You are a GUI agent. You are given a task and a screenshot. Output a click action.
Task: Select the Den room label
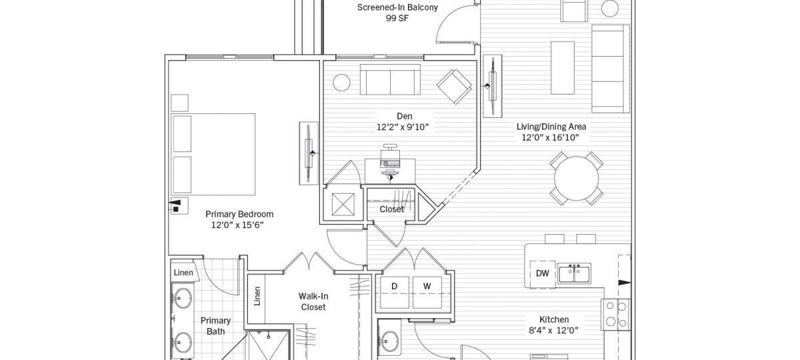pos(404,116)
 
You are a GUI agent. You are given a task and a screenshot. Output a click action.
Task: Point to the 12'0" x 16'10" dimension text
pos(550,138)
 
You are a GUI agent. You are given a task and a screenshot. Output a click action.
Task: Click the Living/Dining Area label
pos(551,127)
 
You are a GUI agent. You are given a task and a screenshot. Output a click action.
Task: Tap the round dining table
pos(577,178)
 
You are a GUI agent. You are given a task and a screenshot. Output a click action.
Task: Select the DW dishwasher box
pos(543,274)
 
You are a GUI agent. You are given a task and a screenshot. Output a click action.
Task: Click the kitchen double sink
pos(574,273)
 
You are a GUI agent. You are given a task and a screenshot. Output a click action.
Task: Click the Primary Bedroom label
pos(239,214)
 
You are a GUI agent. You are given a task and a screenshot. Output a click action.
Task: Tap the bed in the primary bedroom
pos(213,153)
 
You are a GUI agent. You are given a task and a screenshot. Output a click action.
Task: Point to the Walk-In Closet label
pos(313,301)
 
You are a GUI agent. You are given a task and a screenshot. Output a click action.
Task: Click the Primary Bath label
pos(215,325)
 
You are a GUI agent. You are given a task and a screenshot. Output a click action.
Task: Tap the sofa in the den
pos(391,81)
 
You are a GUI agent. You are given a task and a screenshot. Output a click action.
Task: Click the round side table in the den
pos(341,83)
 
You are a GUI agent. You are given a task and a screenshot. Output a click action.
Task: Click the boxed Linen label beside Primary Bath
pos(183,273)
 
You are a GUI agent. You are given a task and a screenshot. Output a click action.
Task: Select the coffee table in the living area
pos(563,67)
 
